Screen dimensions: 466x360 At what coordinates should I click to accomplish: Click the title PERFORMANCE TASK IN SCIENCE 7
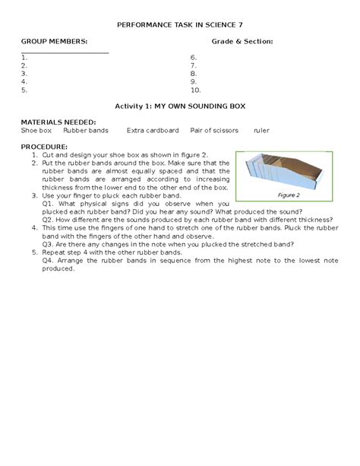coord(179,25)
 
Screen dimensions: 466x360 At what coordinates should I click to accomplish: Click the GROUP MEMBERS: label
coord(54,40)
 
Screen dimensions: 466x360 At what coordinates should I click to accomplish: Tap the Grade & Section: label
coord(242,40)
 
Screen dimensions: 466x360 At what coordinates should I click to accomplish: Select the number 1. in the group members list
coord(26,57)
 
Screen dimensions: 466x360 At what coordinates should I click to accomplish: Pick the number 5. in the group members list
coord(26,89)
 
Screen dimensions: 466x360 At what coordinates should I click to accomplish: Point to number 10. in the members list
coord(196,89)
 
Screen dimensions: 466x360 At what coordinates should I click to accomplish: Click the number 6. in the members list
coord(194,57)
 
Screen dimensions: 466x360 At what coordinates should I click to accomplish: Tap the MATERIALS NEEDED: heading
coord(58,122)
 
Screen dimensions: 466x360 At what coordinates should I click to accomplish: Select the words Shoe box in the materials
coord(36,130)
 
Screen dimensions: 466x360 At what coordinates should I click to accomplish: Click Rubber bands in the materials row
coord(86,130)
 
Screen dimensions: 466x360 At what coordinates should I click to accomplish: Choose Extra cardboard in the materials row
coord(153,130)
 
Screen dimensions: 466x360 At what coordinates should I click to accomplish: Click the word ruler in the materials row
coord(261,130)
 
